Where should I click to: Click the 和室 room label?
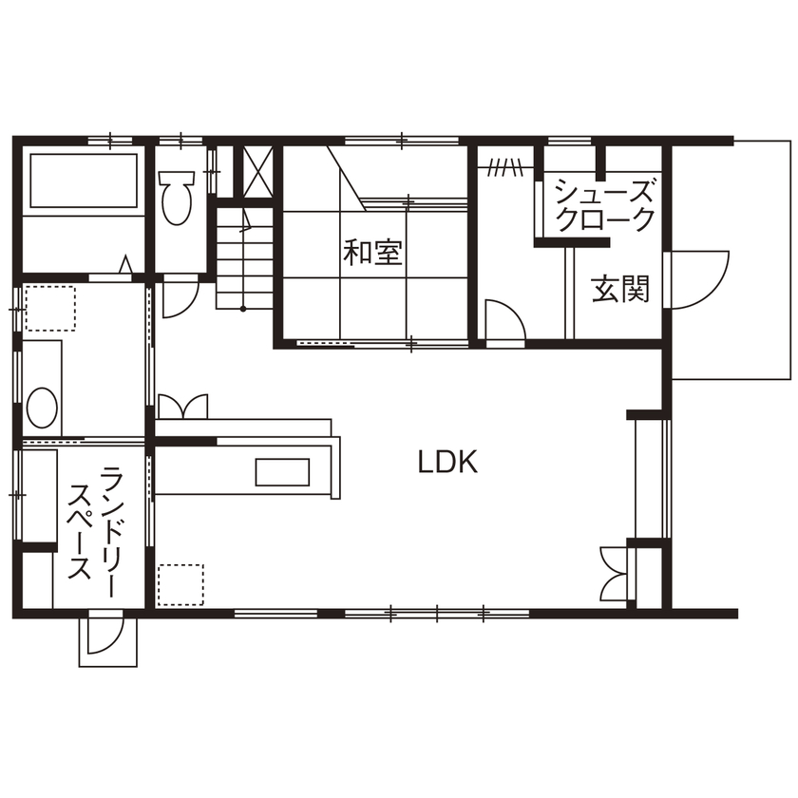(x=373, y=253)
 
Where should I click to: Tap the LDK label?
(x=447, y=463)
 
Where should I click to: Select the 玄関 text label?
(x=621, y=289)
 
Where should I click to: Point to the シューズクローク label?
(x=604, y=204)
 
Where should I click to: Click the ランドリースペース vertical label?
(x=95, y=522)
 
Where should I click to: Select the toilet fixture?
(x=176, y=195)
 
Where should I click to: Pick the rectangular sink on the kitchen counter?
(x=282, y=472)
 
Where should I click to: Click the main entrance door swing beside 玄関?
(x=696, y=278)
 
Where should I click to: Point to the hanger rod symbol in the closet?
(x=504, y=170)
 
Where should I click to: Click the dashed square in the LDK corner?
(x=180, y=584)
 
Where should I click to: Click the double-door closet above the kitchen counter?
(x=182, y=406)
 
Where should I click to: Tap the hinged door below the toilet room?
(x=178, y=298)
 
